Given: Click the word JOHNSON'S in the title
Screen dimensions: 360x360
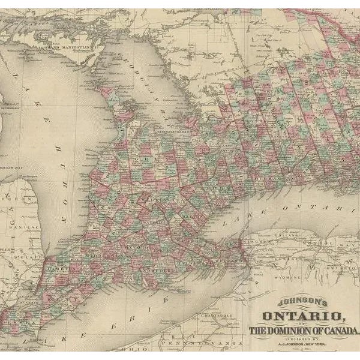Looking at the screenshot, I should [293, 305].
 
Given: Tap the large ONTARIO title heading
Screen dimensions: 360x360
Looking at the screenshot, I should [301, 317].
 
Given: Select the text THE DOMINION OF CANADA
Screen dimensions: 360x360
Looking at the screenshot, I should [304, 331].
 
